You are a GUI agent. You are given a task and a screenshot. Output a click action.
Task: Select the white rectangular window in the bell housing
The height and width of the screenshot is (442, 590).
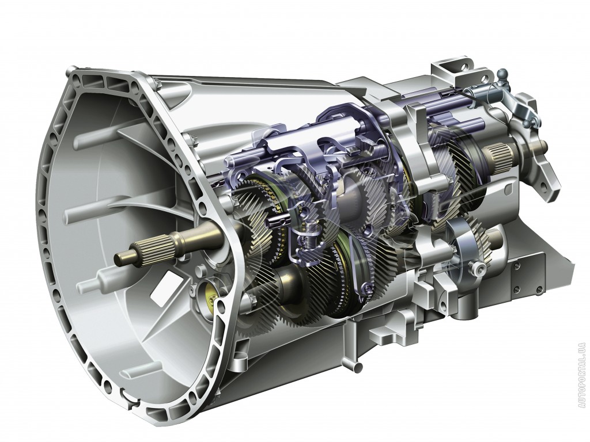161,287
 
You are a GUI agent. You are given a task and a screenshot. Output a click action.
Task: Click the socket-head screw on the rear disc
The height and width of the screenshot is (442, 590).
479,268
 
